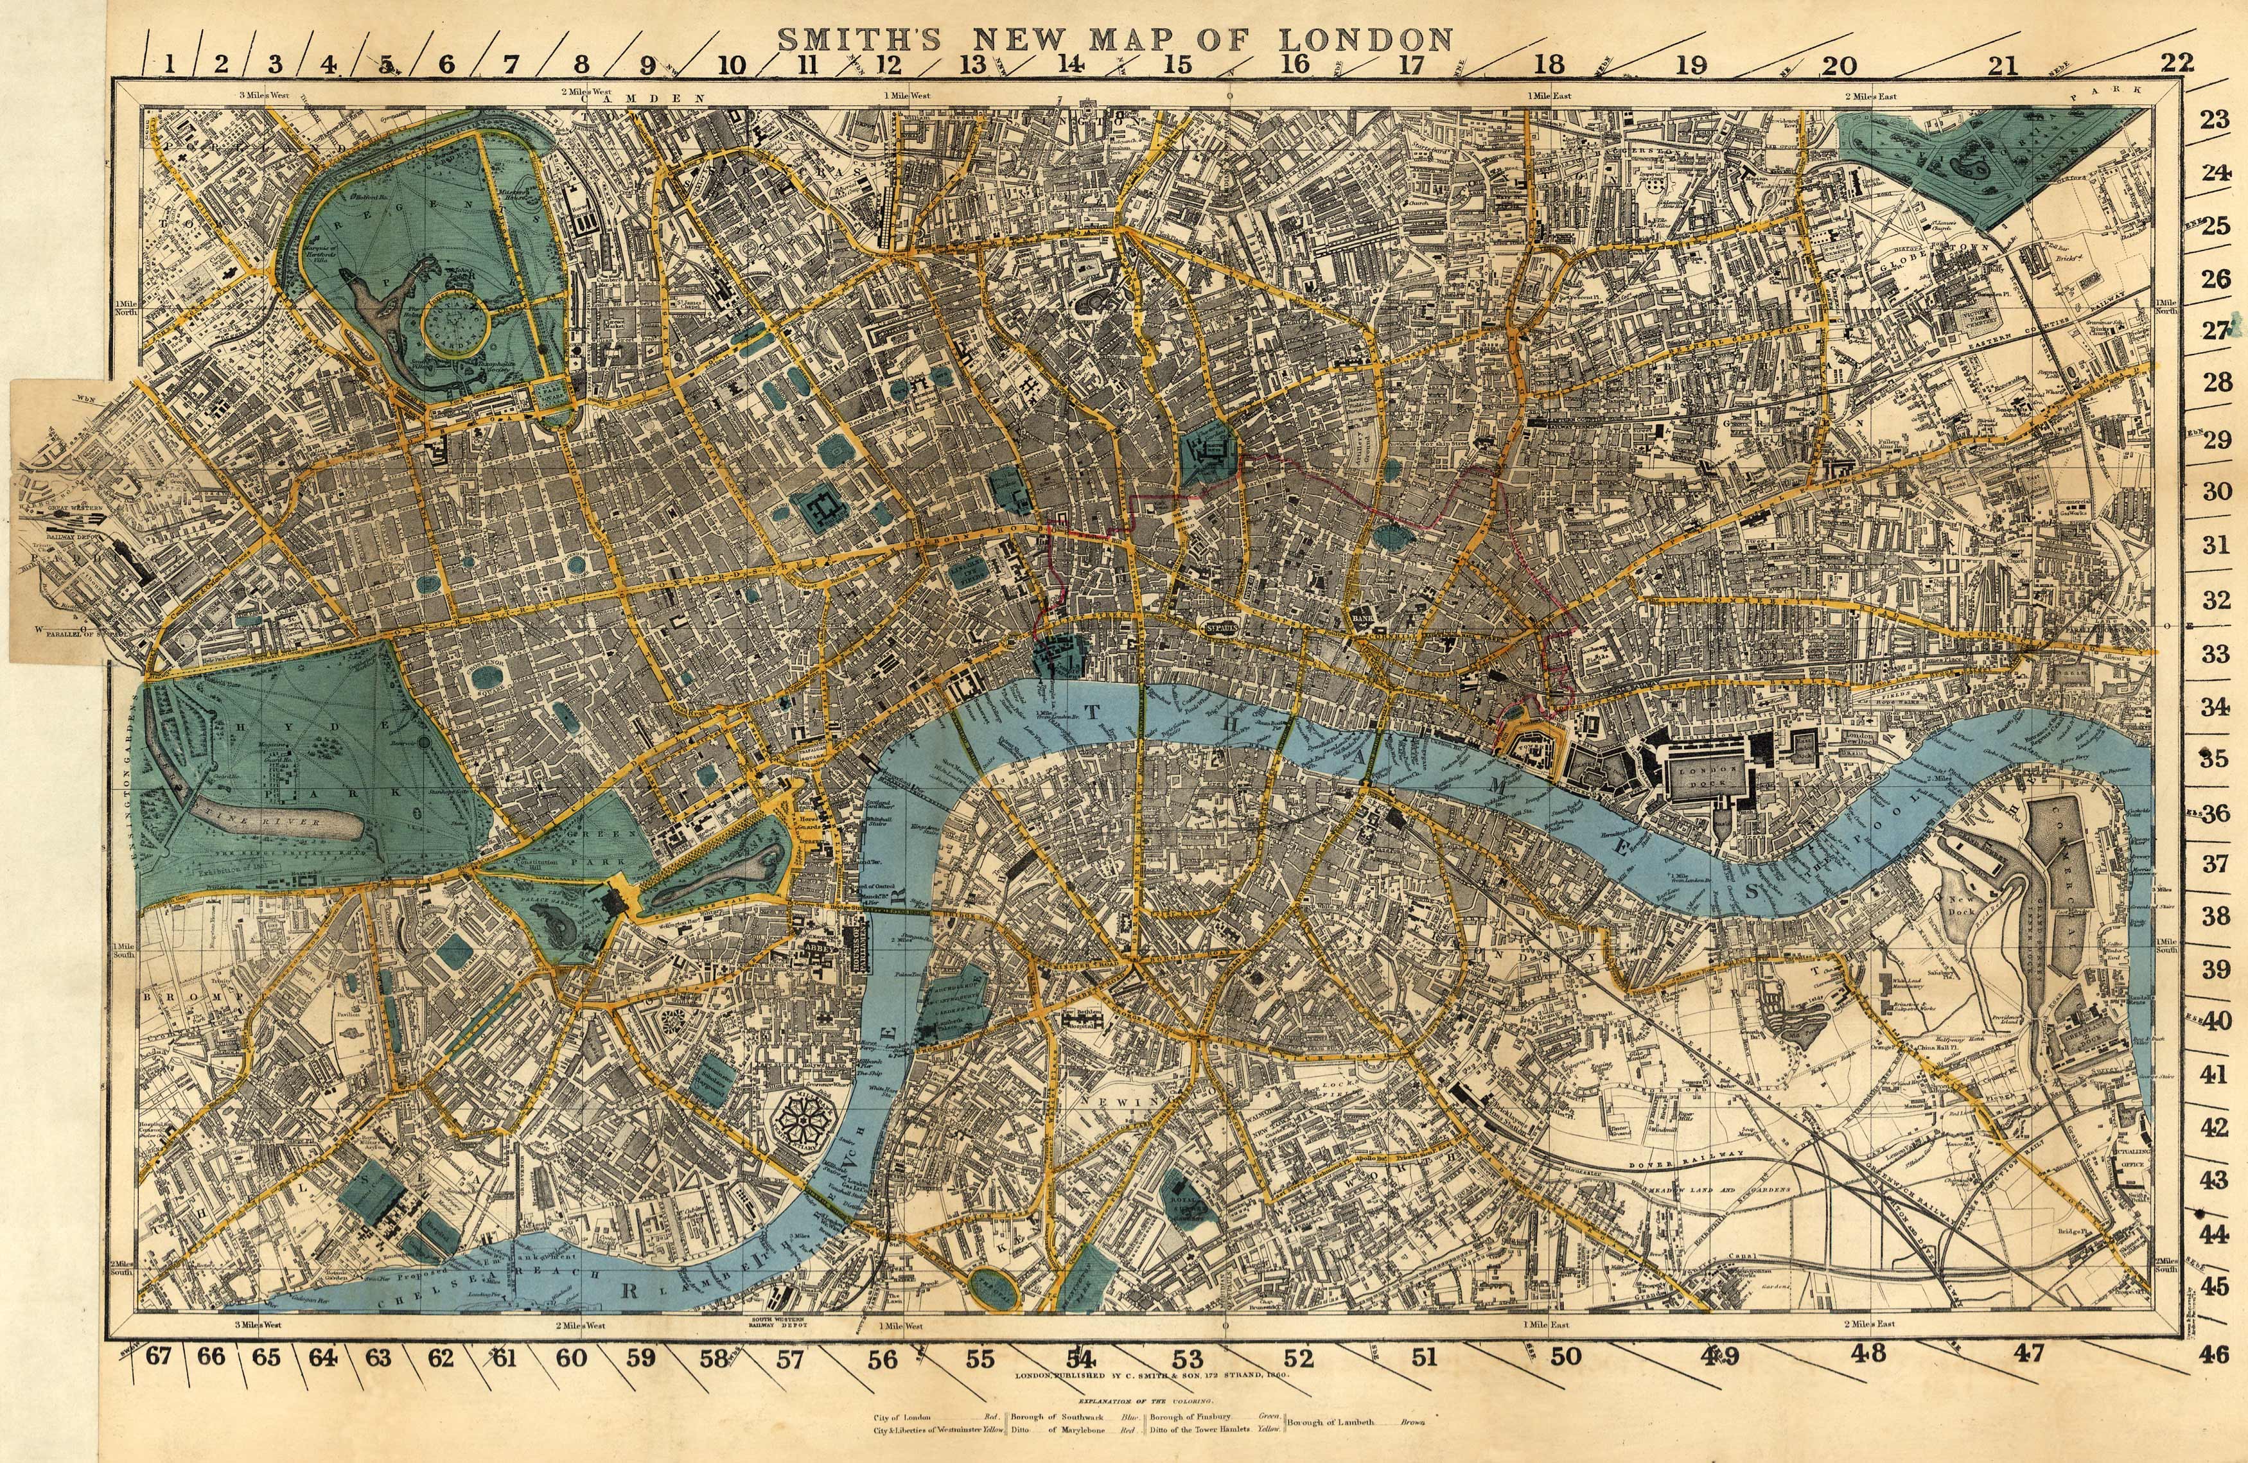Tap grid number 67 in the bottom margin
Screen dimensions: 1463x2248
click(x=158, y=1357)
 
